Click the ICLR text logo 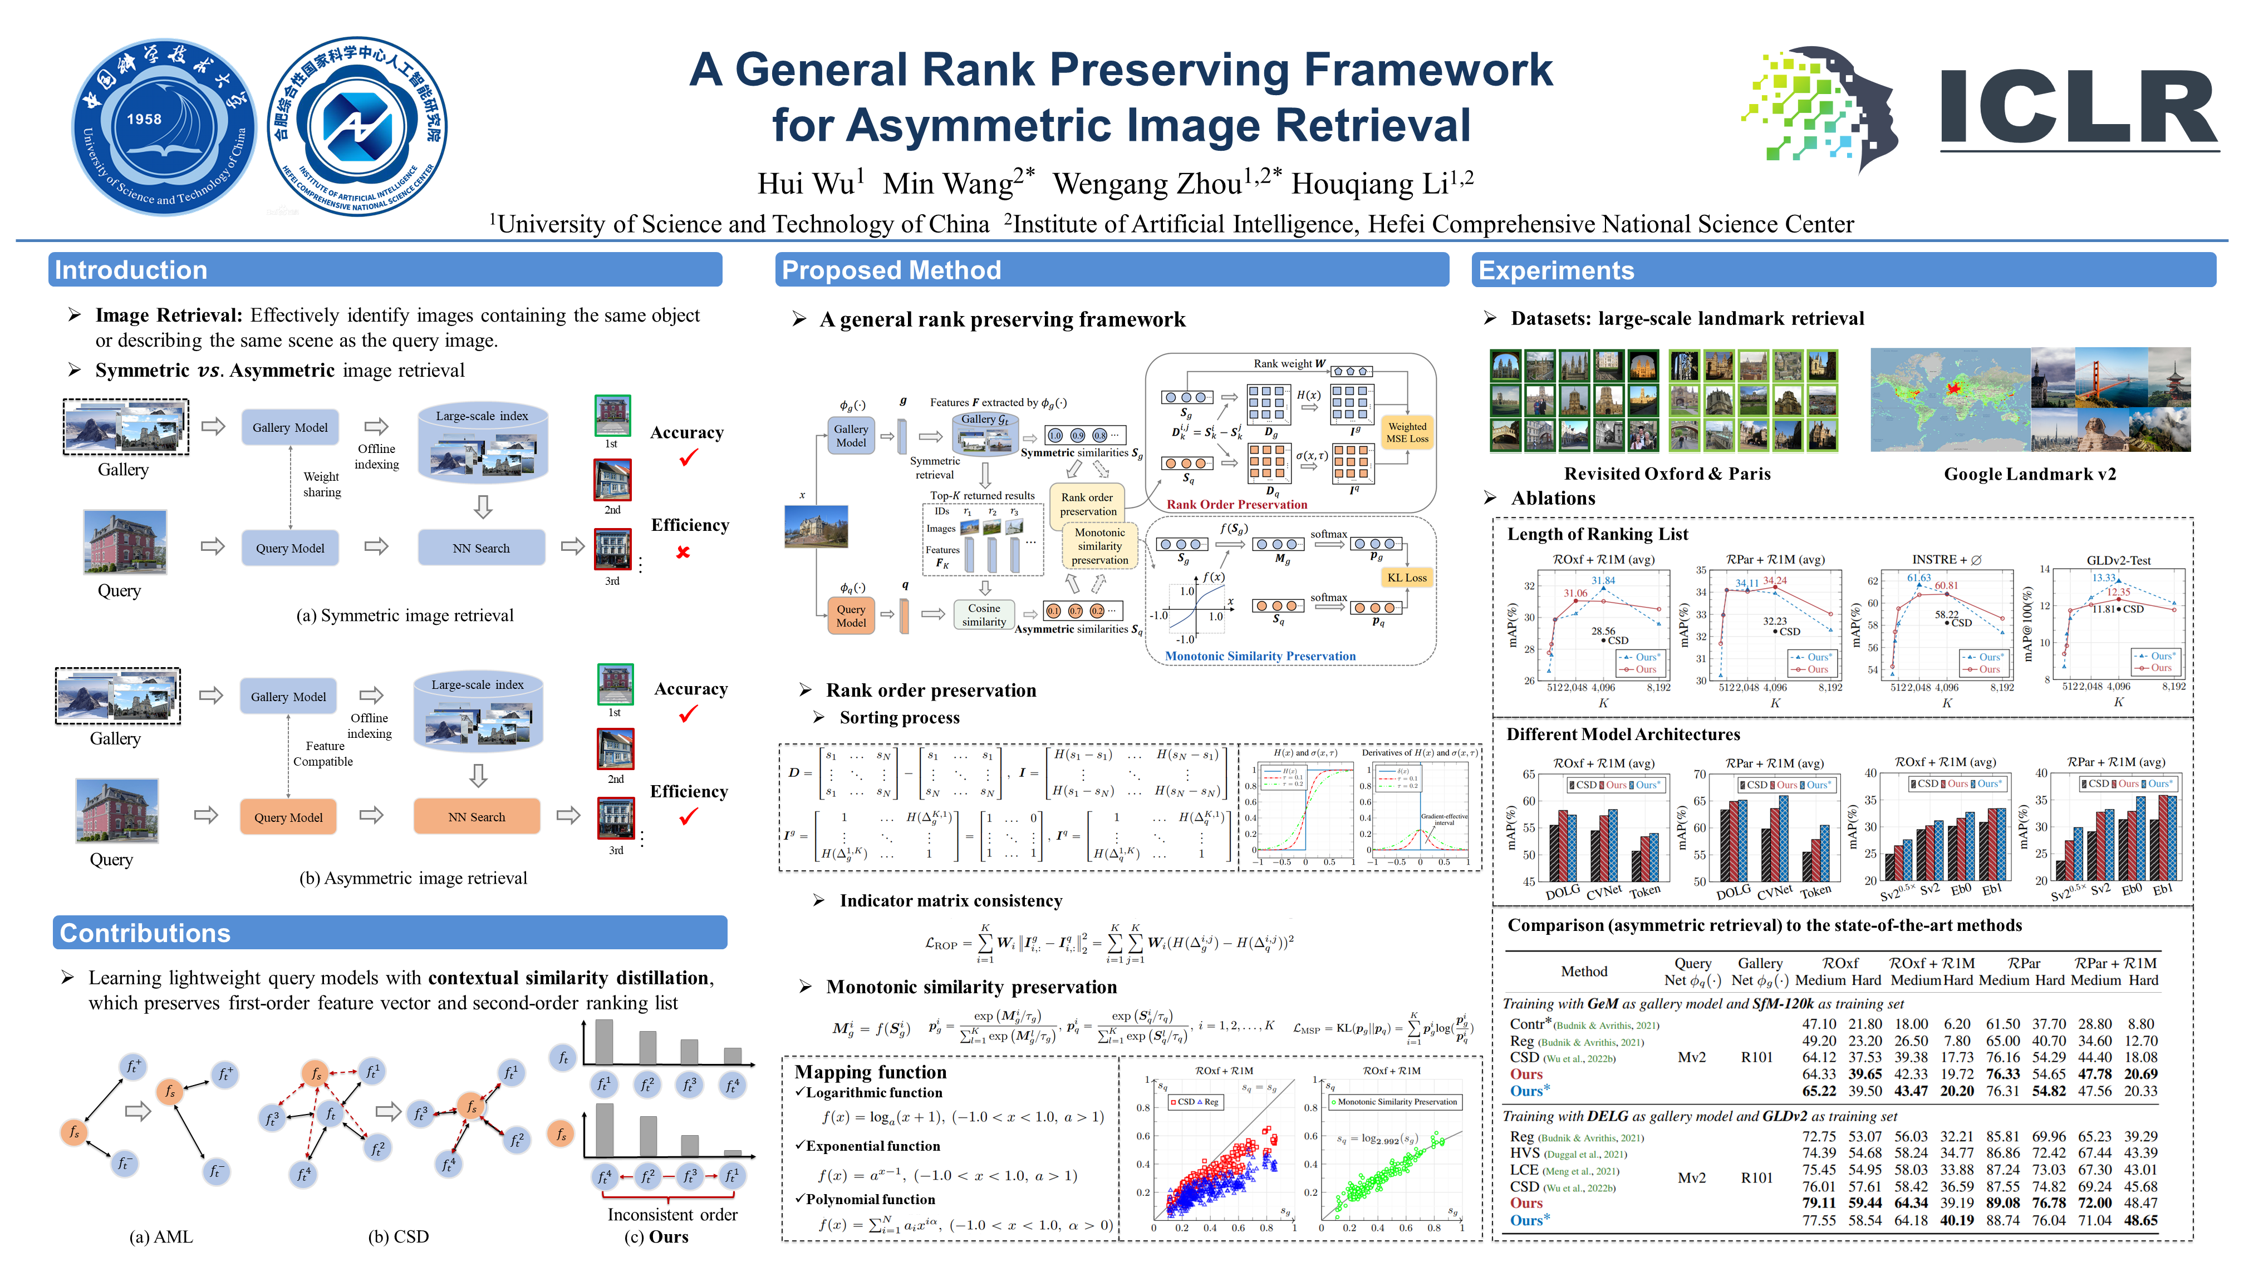[2078, 107]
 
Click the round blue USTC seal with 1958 [163, 126]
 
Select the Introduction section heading [131, 270]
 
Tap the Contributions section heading [145, 933]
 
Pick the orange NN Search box [477, 817]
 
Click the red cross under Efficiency [683, 552]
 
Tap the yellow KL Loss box [1407, 578]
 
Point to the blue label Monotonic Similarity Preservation [1260, 656]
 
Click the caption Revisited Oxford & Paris [1667, 474]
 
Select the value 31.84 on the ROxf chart [1603, 580]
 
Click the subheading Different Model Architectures [1623, 734]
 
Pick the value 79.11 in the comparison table [1818, 1203]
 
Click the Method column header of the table [1584, 971]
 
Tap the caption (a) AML [161, 1237]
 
